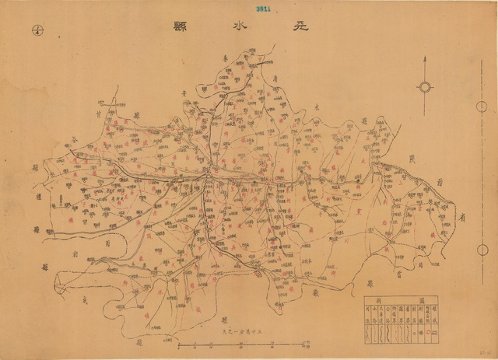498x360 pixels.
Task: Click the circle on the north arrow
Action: click(x=425, y=86)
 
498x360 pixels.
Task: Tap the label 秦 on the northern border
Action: click(x=226, y=58)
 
